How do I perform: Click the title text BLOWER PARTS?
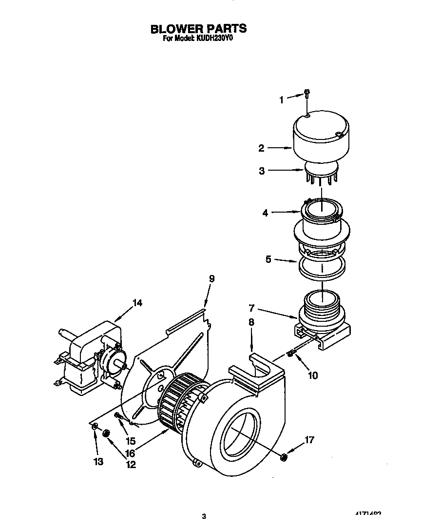click(198, 28)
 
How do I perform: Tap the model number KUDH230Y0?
click(214, 39)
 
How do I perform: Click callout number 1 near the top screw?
click(281, 100)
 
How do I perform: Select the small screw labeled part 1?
click(307, 93)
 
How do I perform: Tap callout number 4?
click(266, 213)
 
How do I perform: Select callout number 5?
click(268, 259)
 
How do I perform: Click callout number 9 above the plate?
click(211, 278)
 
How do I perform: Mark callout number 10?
click(312, 375)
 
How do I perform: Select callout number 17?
click(309, 440)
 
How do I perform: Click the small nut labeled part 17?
click(283, 457)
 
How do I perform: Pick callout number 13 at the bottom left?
click(99, 461)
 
